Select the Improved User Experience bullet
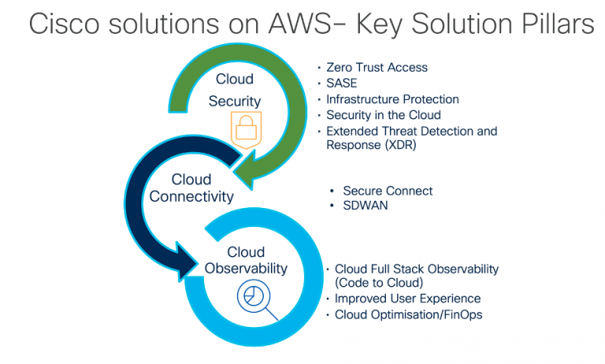click(x=407, y=299)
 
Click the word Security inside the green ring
click(x=234, y=102)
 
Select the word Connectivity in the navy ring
click(x=191, y=196)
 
